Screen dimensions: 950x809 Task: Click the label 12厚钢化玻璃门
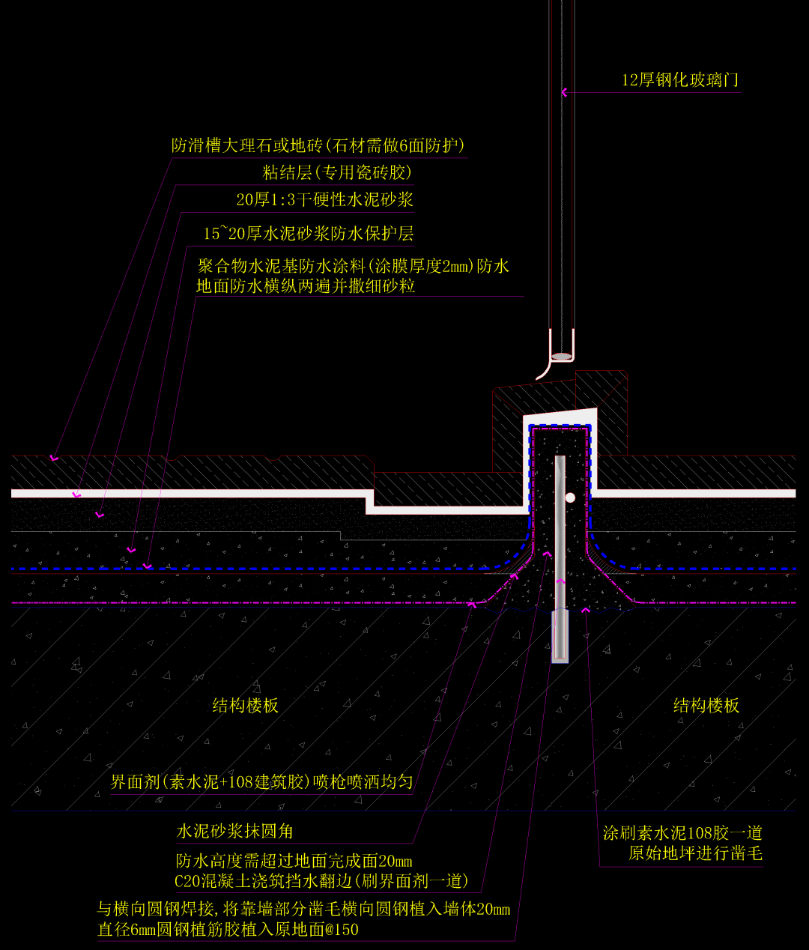680,80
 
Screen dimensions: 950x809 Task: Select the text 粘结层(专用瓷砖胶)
337,172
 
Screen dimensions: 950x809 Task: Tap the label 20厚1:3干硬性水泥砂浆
324,199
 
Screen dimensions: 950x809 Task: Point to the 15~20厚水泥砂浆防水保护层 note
308,234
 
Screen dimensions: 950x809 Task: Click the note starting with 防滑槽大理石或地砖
318,145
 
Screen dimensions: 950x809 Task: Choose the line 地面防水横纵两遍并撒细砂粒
306,285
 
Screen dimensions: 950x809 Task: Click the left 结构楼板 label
246,705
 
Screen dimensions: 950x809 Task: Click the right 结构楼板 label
706,705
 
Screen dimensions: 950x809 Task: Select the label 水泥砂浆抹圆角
234,831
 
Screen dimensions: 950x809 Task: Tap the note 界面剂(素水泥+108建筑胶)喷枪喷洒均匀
261,781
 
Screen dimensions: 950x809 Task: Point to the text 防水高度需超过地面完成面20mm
294,861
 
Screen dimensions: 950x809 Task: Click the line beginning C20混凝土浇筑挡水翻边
321,880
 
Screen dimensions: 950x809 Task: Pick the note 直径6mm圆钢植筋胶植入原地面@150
228,930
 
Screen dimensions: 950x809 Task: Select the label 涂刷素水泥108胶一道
682,832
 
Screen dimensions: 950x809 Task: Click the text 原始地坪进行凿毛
695,853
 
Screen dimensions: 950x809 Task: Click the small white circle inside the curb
570,497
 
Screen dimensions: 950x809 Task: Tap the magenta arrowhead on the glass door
564,92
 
